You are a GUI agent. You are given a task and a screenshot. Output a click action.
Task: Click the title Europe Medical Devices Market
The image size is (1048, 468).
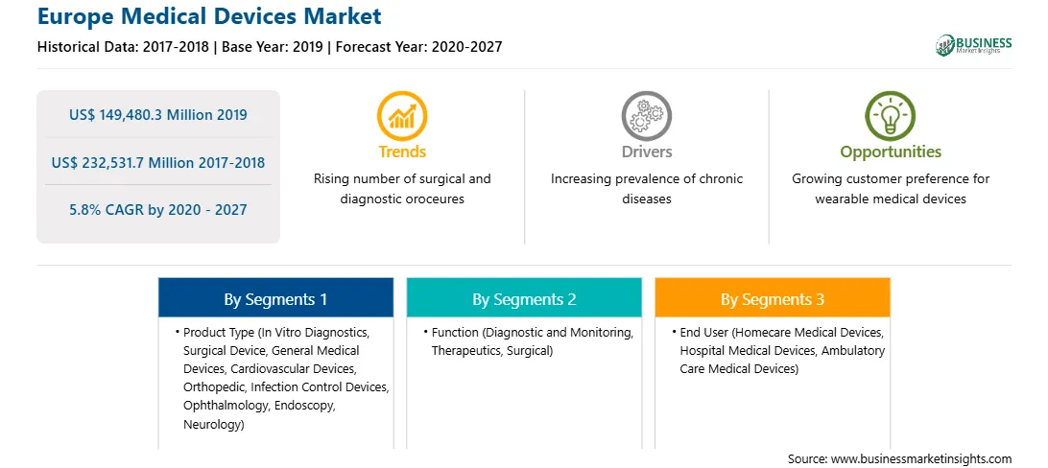[209, 16]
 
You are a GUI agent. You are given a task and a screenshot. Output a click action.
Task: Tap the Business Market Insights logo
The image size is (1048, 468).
[973, 45]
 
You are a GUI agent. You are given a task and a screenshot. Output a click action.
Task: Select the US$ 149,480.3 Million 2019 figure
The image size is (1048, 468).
[157, 115]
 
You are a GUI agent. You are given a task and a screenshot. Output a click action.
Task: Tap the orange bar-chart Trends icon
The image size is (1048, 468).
[402, 115]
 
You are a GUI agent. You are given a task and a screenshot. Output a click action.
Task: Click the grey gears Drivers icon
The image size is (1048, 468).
[646, 115]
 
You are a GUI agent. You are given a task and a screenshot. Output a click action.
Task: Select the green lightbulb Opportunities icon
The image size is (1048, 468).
[891, 115]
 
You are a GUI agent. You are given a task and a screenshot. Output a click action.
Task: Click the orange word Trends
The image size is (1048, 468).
[402, 152]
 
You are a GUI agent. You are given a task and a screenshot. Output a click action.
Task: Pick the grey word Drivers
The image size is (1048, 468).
[646, 152]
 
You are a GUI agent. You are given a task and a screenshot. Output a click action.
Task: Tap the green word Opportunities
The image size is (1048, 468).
[891, 152]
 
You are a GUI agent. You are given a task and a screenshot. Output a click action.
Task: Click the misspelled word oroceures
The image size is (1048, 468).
[430, 199]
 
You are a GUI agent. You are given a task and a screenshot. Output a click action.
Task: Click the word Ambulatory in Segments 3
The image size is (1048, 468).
[853, 350]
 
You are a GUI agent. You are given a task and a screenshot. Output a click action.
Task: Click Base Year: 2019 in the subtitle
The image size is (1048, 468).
[274, 47]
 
